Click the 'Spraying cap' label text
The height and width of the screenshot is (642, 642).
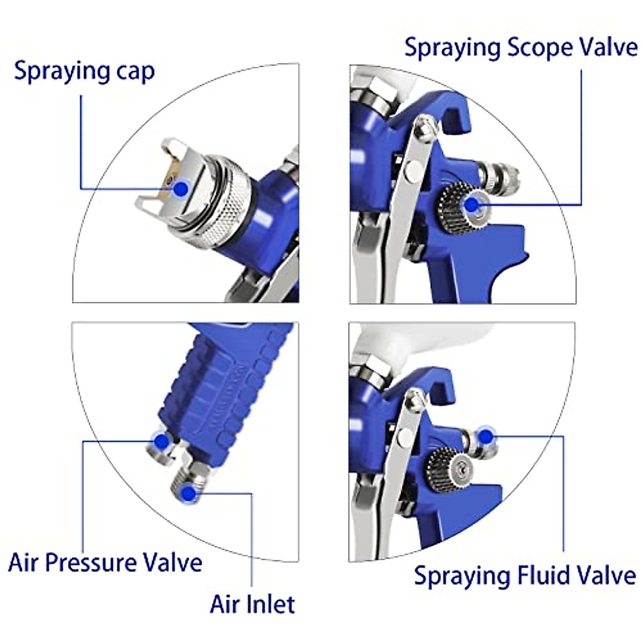click(x=84, y=72)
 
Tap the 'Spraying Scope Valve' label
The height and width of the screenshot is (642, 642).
click(x=521, y=48)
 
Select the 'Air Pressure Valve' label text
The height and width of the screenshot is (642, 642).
click(x=105, y=563)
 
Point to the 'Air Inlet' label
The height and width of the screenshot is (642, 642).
click(x=252, y=604)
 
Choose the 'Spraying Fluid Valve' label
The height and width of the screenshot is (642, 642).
click(x=525, y=576)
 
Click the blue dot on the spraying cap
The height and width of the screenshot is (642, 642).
click(x=181, y=188)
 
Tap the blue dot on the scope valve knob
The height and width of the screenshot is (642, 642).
click(x=471, y=204)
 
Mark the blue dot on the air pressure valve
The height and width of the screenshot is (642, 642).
click(x=161, y=441)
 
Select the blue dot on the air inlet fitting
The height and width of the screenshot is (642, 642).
click(x=188, y=493)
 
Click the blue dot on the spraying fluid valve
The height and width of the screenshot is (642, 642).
click(x=486, y=437)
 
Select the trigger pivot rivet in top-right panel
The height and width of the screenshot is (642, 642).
click(x=414, y=170)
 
